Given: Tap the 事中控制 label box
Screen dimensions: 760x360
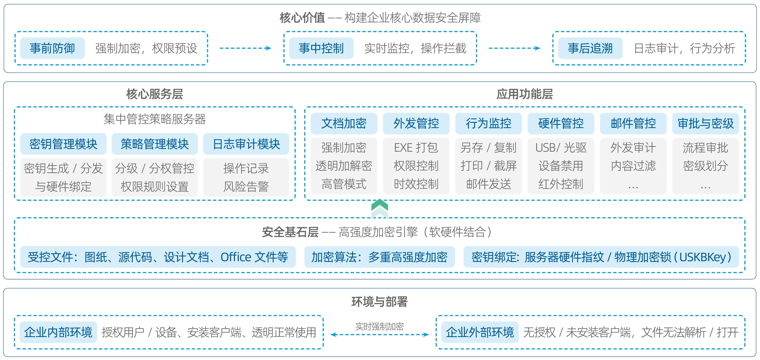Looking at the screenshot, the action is click(x=321, y=48).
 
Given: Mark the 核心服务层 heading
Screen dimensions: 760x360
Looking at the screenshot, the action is click(x=155, y=94).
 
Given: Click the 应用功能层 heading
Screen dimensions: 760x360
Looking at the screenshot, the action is click(x=525, y=94).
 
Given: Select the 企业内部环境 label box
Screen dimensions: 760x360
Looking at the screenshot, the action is click(x=58, y=332).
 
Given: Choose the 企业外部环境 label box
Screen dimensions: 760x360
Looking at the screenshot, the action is click(x=480, y=332).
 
